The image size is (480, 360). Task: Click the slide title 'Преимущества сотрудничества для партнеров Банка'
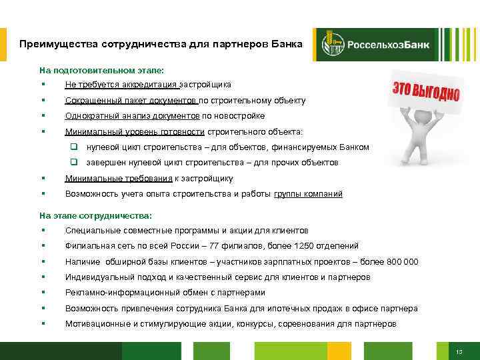point(161,44)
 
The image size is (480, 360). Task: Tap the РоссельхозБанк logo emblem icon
point(331,45)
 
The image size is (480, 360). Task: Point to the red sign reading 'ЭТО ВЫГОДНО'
point(425,93)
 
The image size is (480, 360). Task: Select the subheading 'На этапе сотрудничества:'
point(95,215)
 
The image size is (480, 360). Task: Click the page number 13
point(459,351)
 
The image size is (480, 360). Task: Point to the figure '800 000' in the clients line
point(402,262)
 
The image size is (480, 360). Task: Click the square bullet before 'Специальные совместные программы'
point(42,230)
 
